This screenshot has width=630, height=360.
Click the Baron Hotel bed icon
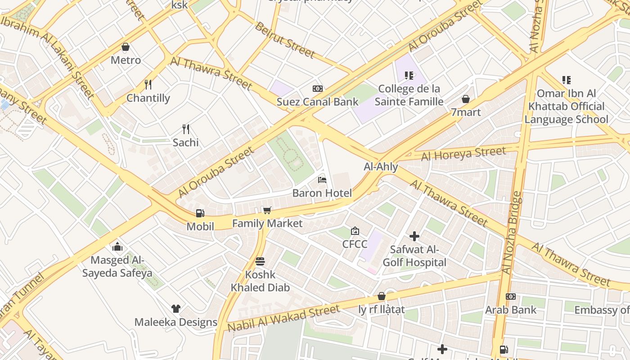[x=322, y=180]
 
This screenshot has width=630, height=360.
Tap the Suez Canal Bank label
[x=317, y=102]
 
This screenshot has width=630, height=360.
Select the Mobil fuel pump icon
[x=200, y=213]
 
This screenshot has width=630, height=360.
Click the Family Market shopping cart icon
[x=267, y=210]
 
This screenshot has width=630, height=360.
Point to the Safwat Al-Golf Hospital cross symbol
[x=414, y=236]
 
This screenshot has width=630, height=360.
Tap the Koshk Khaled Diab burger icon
[x=260, y=261]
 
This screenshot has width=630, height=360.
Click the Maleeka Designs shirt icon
[x=175, y=309]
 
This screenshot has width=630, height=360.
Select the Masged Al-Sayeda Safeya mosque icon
[x=117, y=247]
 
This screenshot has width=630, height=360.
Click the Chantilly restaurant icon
[x=148, y=84]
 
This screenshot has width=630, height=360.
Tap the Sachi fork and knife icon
[x=185, y=129]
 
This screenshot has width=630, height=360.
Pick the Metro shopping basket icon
[x=126, y=47]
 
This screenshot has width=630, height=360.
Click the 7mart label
[x=466, y=112]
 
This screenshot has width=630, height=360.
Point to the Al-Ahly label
[x=381, y=167]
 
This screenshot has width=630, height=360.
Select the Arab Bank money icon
[x=510, y=297]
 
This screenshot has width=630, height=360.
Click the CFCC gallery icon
[x=355, y=231]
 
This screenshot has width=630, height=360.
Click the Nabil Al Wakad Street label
[x=283, y=318]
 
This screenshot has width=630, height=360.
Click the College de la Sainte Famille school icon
[x=409, y=75]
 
